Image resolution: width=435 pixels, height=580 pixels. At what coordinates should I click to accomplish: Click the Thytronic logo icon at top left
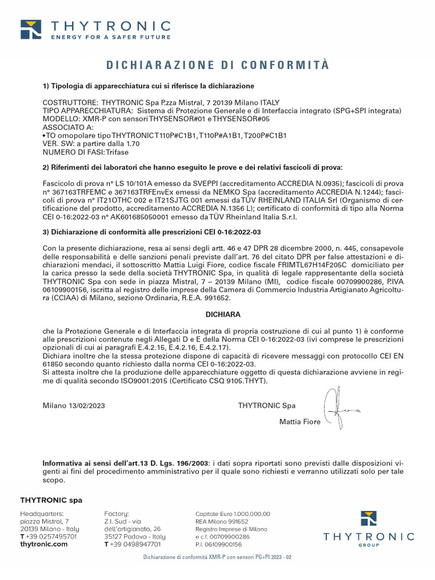(31, 29)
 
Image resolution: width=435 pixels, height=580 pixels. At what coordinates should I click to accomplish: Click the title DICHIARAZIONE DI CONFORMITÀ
(217, 65)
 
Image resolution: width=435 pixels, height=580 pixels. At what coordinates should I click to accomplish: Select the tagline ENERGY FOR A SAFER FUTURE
(110, 37)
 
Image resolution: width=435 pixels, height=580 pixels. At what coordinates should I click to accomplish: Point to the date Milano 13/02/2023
(74, 406)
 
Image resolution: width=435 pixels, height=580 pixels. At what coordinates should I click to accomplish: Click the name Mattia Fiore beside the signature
(300, 421)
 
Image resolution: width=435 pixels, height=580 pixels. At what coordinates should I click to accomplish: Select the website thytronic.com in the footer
(44, 544)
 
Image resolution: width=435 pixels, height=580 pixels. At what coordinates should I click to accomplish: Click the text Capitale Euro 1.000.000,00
(232, 514)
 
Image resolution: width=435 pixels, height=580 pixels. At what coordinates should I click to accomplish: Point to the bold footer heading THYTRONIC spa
(51, 500)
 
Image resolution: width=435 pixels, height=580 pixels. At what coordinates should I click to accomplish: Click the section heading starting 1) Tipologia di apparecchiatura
(148, 86)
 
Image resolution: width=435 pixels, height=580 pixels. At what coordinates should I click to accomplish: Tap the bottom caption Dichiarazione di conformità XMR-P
(217, 557)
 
